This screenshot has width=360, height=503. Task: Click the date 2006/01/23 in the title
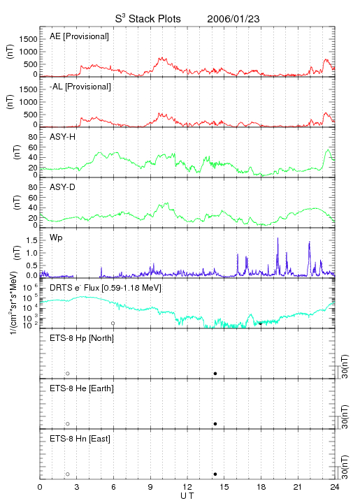pyautogui.click(x=233, y=19)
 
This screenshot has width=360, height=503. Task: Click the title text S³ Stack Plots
pyautogui.click(x=148, y=19)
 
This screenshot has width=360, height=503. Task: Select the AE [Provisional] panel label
pyautogui.click(x=79, y=36)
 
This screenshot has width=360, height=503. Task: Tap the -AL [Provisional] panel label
pyautogui.click(x=80, y=87)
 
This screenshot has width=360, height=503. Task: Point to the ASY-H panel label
pyautogui.click(x=63, y=137)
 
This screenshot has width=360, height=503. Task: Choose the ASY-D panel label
pyautogui.click(x=63, y=187)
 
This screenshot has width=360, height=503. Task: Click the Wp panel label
pyautogui.click(x=56, y=238)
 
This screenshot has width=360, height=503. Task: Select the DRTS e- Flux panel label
pyautogui.click(x=106, y=288)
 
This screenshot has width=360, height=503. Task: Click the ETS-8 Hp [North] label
pyautogui.click(x=82, y=338)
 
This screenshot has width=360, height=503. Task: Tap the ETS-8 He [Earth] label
pyautogui.click(x=82, y=388)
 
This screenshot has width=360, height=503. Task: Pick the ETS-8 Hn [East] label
pyautogui.click(x=80, y=439)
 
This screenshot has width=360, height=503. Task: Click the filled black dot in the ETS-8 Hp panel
pyautogui.click(x=215, y=373)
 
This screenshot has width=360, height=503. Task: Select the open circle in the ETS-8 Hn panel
pyautogui.click(x=68, y=474)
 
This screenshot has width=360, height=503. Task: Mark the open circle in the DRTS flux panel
pyautogui.click(x=113, y=323)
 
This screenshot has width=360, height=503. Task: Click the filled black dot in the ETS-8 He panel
pyautogui.click(x=215, y=424)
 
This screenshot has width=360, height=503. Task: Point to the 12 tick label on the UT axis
pyautogui.click(x=187, y=487)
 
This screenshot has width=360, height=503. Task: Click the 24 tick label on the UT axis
pyautogui.click(x=335, y=487)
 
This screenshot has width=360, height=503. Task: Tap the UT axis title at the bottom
pyautogui.click(x=187, y=496)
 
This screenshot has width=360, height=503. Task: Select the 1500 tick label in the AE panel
pyautogui.click(x=28, y=39)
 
